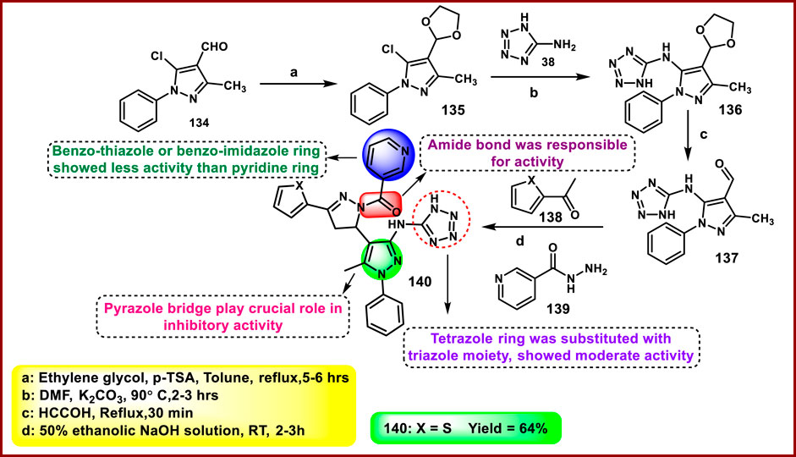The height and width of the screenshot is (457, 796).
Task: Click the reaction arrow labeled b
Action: coord(538,74)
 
